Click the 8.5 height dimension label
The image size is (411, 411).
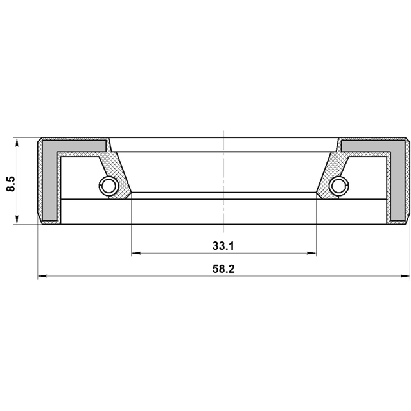tap(12, 184)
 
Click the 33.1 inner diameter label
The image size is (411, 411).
tap(223, 246)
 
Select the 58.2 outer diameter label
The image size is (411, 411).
tap(223, 269)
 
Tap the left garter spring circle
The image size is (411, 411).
tap(108, 186)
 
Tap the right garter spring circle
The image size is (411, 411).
tap(340, 186)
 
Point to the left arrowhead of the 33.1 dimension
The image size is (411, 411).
tap(136, 253)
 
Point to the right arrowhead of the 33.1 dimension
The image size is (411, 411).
tap(311, 253)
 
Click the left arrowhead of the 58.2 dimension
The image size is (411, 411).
tap(42, 276)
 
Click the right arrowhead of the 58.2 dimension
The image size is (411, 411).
tap(405, 276)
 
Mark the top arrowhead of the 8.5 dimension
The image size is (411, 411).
tap(17, 143)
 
